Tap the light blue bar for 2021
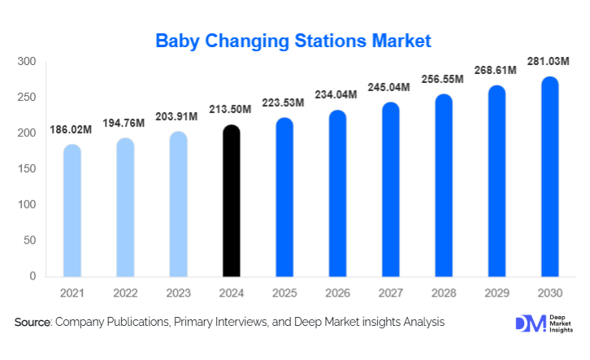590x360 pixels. [72, 210]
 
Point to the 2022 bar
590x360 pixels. [125, 207]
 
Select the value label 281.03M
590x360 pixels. [549, 61]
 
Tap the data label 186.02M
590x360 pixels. [72, 129]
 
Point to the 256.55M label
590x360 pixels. [443, 79]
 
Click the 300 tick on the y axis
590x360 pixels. [26, 62]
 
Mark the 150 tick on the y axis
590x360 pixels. [26, 169]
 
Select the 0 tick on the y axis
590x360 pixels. [33, 276]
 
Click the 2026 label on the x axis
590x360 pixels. [337, 293]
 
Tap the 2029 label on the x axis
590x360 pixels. [497, 293]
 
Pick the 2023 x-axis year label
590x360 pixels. [178, 293]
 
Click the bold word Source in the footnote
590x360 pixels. [33, 323]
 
